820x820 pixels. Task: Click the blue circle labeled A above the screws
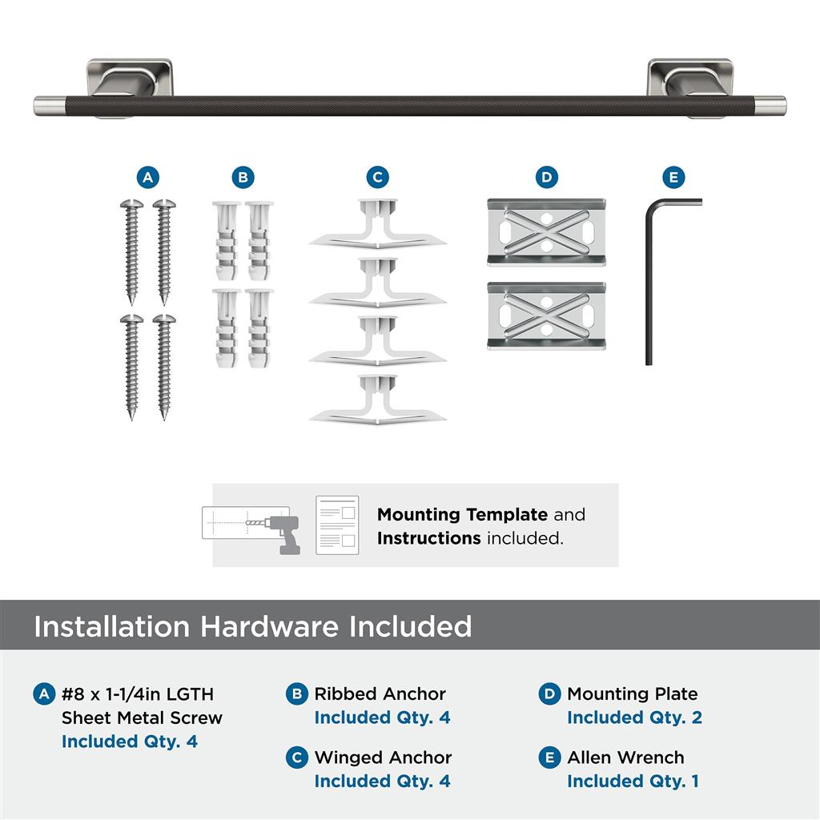click(148, 178)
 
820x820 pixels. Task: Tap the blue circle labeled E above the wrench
click(673, 178)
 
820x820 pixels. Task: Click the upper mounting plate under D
click(546, 232)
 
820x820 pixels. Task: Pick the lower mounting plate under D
click(546, 316)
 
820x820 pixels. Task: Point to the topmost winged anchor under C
click(377, 224)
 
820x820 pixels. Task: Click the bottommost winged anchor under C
click(377, 400)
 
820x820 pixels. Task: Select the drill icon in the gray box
click(283, 533)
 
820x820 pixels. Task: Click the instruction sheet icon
click(337, 525)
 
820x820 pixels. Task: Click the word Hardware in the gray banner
click(269, 626)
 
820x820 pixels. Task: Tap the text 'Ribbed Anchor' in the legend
click(380, 694)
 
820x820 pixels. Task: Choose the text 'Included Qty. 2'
click(634, 717)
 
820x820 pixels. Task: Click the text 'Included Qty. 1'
click(633, 782)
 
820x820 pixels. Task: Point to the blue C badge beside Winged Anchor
click(297, 758)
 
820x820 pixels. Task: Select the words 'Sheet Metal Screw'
click(142, 718)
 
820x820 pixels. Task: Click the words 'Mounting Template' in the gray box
click(462, 515)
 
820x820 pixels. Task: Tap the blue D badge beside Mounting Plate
click(549, 694)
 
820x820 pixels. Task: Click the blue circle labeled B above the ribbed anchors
click(243, 178)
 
